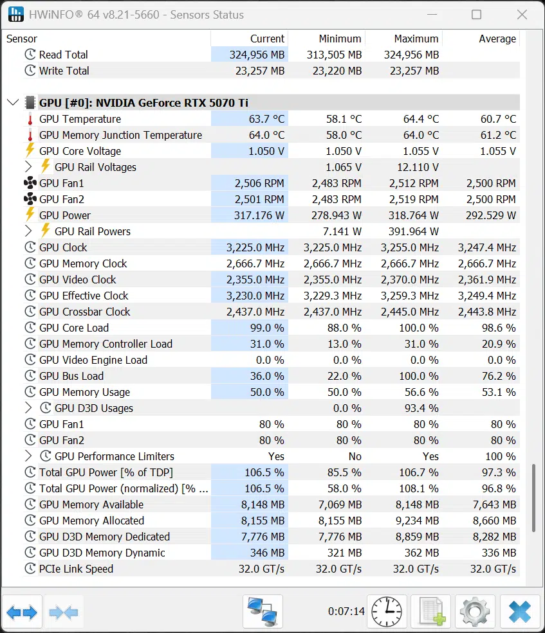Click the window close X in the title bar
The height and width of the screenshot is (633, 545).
(522, 15)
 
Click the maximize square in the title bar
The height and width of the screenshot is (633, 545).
(477, 15)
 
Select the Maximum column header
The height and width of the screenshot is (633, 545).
(416, 39)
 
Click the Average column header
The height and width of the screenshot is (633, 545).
(497, 39)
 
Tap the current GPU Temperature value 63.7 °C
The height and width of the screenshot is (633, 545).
(266, 119)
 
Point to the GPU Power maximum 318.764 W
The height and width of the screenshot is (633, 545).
(413, 215)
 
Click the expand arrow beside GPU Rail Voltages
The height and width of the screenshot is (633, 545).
(28, 166)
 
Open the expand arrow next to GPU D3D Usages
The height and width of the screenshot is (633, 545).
(28, 407)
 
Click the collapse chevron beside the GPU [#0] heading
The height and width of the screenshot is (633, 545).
(13, 103)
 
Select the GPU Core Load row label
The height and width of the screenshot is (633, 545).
(74, 328)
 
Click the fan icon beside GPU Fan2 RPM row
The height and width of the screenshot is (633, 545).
(30, 199)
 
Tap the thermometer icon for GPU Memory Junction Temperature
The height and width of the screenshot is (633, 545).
(30, 135)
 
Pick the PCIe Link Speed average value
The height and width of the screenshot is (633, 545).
(493, 569)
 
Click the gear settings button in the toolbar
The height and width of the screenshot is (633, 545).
(476, 612)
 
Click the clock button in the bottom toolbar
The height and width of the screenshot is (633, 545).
(387, 612)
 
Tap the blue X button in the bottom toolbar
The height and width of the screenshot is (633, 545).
(519, 612)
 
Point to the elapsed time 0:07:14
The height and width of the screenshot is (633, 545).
(346, 612)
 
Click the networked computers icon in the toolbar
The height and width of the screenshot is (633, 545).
(263, 612)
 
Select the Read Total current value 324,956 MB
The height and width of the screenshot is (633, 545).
(257, 55)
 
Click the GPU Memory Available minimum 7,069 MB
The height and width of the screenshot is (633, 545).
(340, 504)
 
